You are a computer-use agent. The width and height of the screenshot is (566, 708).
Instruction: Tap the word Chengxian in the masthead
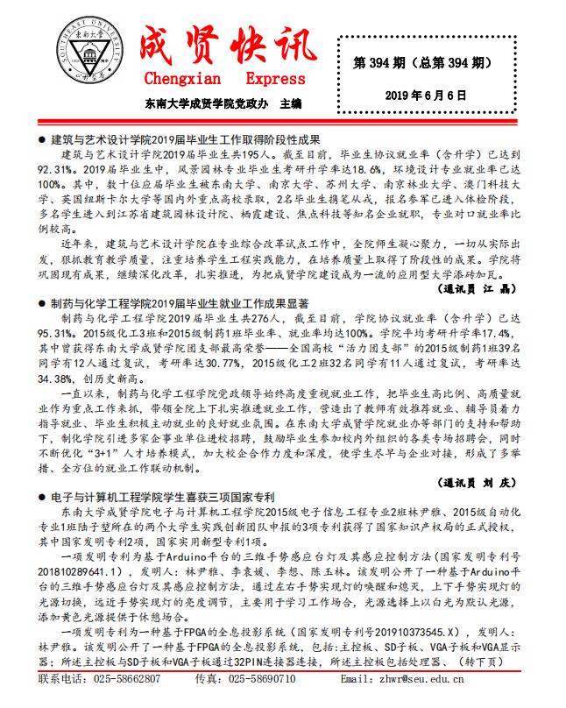(180, 80)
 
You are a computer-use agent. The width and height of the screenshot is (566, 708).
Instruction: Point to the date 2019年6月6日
(434, 95)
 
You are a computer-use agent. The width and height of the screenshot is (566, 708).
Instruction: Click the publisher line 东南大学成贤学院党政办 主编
(223, 103)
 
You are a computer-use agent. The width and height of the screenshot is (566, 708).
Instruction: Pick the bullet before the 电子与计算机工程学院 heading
(42, 497)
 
